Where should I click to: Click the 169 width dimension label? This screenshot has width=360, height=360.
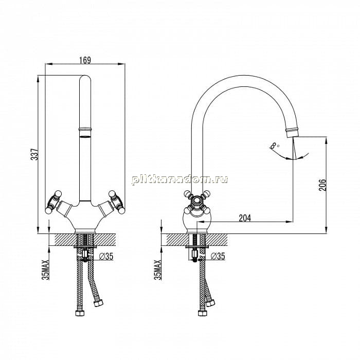pos(85,60)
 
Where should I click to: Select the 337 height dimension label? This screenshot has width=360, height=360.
pos(34,154)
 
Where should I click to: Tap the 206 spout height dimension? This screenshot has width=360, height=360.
pos(322,185)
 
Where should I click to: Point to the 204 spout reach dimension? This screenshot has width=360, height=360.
pos(245,218)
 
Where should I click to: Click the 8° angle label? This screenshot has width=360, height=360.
pos(275,146)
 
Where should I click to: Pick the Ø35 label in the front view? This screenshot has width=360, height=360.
pos(106,256)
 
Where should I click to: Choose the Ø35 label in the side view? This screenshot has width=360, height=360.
pos(218,256)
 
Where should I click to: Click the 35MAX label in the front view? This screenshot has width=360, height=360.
pos(46,270)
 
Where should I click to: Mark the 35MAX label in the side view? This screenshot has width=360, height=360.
pos(158,270)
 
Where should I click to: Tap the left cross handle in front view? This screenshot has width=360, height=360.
pos(53,202)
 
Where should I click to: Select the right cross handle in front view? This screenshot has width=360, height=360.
pos(117,202)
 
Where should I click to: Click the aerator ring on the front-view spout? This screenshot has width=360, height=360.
pos(85,129)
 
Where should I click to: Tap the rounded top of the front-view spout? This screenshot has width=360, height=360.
pos(85,78)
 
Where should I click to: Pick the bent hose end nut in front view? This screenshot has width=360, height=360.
pos(99,303)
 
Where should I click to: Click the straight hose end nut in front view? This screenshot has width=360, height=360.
pos(80,313)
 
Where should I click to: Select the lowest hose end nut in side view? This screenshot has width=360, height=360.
pos(203,313)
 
